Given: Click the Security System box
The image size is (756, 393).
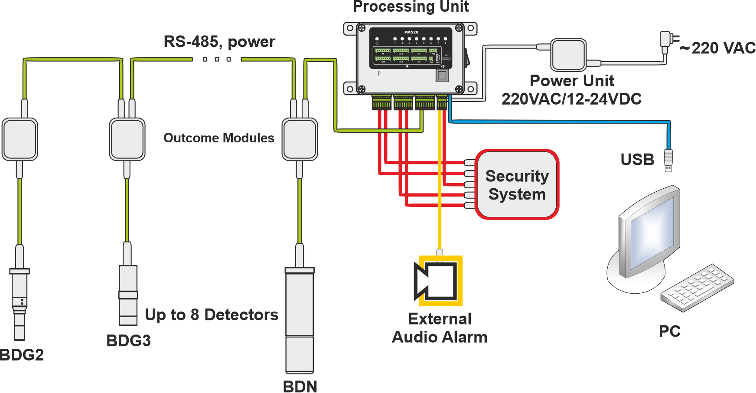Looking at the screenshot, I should click(517, 184).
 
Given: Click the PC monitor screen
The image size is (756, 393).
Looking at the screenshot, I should click(652, 234).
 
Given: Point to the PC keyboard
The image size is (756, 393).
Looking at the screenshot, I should click(697, 287).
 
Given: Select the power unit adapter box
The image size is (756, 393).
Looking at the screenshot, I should click(568, 55).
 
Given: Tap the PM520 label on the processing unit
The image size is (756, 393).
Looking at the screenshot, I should click(411, 32).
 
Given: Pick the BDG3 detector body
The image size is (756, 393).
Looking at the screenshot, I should click(128, 295).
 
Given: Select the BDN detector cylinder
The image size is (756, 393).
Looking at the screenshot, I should click(299, 321).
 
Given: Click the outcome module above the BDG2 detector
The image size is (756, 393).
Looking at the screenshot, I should click(20, 139).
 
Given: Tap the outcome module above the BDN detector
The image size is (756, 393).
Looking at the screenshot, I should click(300, 139).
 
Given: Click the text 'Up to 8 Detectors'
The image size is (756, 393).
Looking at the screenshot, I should click(212, 314).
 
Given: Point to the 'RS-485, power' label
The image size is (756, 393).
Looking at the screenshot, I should click(219, 42).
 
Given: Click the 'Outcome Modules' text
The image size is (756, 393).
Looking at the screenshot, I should click(219, 138).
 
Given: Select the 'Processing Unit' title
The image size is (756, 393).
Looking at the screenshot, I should click(411, 7).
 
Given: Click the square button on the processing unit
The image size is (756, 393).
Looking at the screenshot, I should click(442, 75).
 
